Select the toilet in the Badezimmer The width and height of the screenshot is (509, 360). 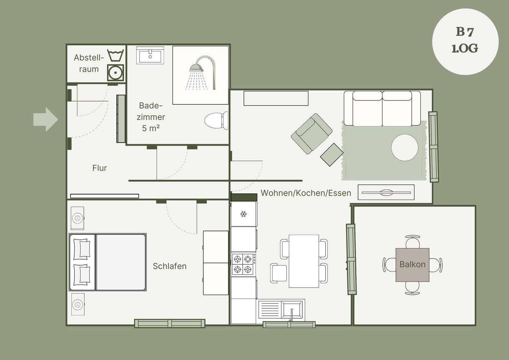coord(216,121)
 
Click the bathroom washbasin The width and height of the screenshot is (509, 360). coord(150,55)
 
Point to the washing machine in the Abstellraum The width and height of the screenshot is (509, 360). coord(116,73)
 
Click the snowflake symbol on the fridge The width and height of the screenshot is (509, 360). coord(243,214)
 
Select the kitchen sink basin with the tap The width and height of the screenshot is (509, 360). coord(292,309)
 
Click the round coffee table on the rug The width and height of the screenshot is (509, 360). coord(405,147)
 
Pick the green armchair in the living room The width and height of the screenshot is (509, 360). coord(311,134)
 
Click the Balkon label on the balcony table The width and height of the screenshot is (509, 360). coord(413,264)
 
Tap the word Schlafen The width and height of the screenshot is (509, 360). coord(170,266)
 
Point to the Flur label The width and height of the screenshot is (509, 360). coord(100,168)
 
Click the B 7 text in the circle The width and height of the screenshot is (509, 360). coord(465,32)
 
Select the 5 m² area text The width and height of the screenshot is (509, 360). coord(151,128)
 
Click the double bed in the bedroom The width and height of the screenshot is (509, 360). coord(107,262)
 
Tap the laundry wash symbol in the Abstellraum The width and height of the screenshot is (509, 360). coord(116,55)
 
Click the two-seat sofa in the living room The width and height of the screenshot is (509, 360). coord(382,109)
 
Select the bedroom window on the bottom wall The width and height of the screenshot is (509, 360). coord(170,323)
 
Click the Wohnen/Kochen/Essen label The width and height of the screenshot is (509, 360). coord(306,193)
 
